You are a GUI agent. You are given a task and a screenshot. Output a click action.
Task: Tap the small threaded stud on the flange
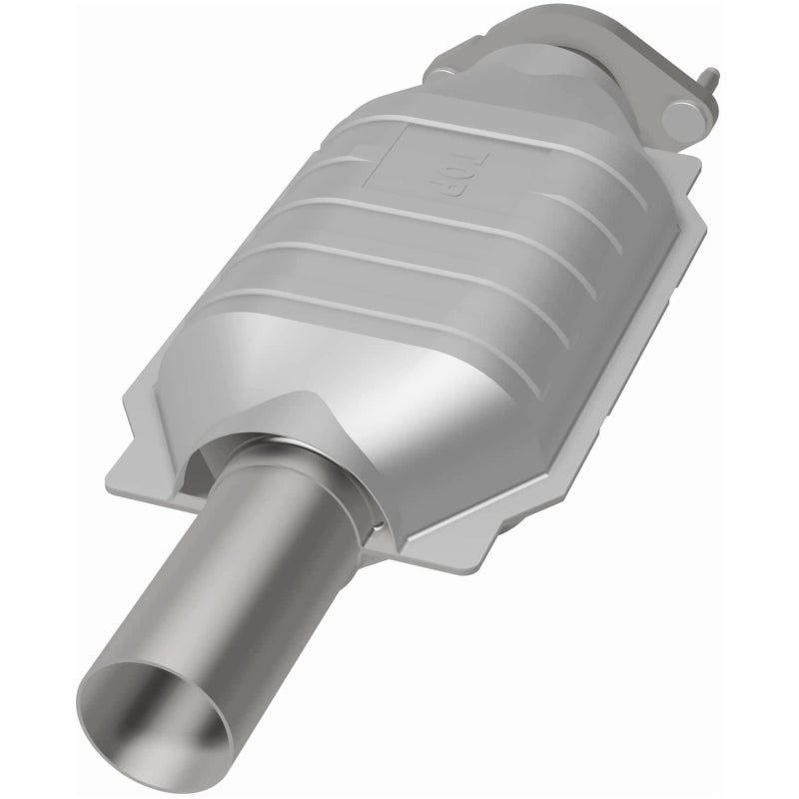click(711, 76)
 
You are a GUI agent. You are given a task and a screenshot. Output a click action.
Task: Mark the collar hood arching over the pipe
click(290, 424)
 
